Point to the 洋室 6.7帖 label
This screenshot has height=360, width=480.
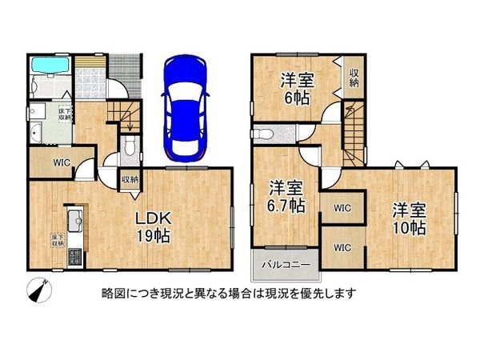pyautogui.click(x=286, y=196)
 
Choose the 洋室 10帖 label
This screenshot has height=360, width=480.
pyautogui.click(x=408, y=218)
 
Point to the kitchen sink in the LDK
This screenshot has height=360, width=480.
pyautogui.click(x=70, y=218)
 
